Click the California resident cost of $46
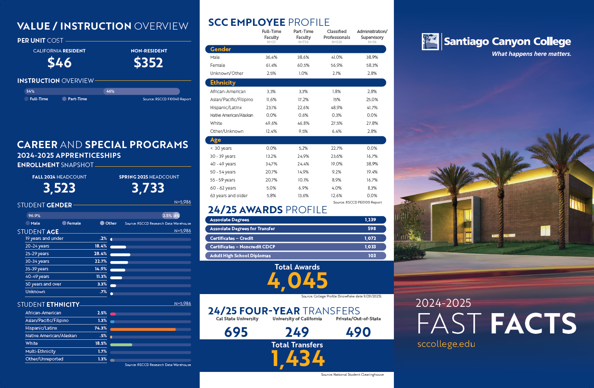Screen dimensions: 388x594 click(59, 63)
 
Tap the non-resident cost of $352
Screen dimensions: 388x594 click(148, 63)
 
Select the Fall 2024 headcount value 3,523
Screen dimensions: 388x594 click(59, 188)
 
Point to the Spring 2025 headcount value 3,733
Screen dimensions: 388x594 click(148, 188)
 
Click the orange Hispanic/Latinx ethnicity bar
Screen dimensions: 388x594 click(143, 329)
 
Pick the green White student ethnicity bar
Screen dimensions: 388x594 click(121, 344)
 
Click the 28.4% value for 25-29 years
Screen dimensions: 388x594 click(101, 254)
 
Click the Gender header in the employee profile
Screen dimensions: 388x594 click(220, 50)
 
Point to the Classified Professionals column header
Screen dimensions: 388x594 click(337, 34)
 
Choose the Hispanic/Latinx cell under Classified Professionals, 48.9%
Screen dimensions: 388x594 click(337, 108)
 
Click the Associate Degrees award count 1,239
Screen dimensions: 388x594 click(370, 220)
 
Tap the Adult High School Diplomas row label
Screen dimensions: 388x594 click(240, 256)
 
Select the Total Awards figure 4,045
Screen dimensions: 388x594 click(297, 281)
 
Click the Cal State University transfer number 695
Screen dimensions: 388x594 click(236, 332)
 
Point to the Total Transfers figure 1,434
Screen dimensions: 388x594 click(298, 359)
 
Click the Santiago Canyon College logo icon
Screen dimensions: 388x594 click(430, 41)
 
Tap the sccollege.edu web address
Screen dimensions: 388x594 click(446, 344)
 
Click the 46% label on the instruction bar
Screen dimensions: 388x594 click(110, 91)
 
